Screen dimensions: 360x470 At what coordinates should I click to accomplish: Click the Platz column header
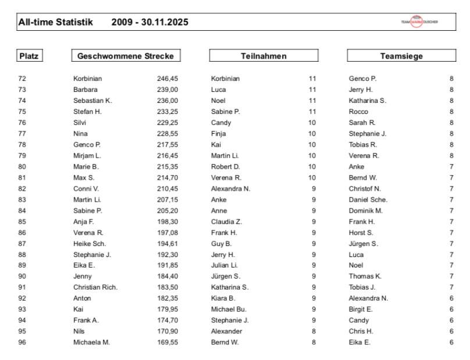(31, 56)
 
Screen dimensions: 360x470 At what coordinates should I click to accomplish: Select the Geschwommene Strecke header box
(125, 56)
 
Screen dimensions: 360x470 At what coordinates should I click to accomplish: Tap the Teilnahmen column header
(264, 56)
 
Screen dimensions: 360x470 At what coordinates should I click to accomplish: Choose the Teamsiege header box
(401, 56)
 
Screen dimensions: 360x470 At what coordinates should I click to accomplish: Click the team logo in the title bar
(418, 22)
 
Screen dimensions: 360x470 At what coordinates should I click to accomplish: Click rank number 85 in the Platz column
(23, 222)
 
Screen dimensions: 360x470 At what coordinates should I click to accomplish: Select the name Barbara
(86, 90)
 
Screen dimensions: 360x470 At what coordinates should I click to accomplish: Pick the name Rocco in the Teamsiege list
(358, 112)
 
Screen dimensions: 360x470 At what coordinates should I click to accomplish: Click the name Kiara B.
(223, 298)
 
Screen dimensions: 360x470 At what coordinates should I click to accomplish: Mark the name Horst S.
(361, 233)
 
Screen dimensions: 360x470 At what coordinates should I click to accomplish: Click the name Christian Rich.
(95, 287)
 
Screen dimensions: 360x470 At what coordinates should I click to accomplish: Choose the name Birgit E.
(361, 309)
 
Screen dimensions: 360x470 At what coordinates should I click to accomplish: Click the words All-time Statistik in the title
(55, 23)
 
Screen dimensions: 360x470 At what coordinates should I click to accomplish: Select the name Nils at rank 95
(79, 331)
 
